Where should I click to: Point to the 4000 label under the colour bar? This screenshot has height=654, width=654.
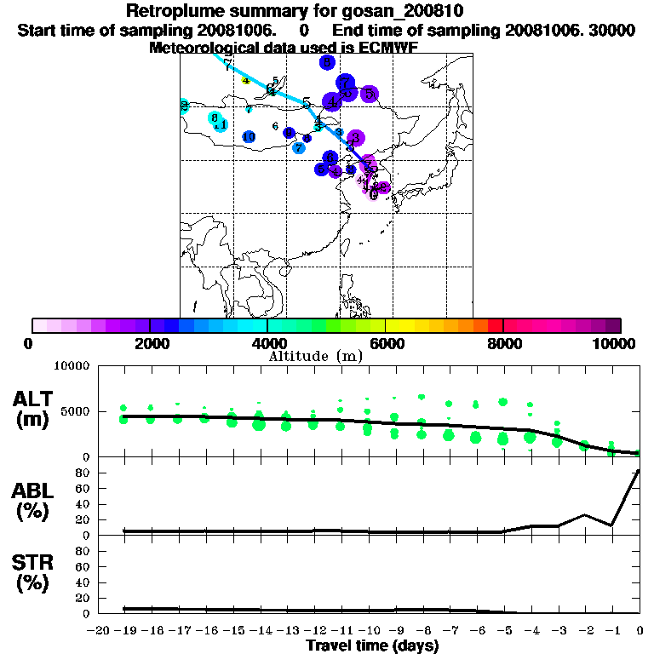click(267, 343)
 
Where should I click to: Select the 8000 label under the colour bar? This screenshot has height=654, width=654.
click(503, 343)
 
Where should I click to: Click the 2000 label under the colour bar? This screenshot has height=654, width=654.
click(149, 343)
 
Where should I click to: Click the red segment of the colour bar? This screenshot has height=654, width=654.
click(496, 324)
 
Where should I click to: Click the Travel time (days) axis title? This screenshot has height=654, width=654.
click(372, 646)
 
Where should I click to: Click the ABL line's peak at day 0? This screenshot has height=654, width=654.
click(639, 471)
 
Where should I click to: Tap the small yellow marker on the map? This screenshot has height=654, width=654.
click(246, 81)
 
